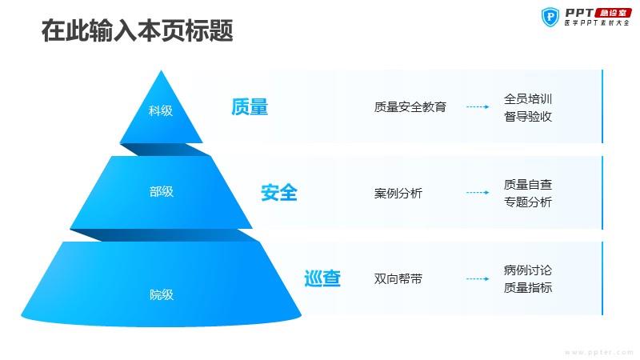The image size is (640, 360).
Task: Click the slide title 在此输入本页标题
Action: click(137, 30)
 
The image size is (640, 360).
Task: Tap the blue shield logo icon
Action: click(550, 17)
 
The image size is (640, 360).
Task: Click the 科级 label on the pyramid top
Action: click(161, 110)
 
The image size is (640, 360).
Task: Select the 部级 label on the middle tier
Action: click(162, 191)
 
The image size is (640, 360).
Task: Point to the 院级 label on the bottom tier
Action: click(162, 294)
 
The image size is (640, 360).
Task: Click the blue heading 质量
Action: click(250, 107)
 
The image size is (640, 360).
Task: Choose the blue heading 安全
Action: click(279, 193)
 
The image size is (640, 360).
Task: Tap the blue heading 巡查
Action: click(322, 278)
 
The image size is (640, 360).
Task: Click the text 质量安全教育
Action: click(410, 107)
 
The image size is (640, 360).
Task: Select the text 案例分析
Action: click(398, 193)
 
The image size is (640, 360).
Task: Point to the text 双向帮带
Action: click(398, 278)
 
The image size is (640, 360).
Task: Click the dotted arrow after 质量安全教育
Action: click(478, 107)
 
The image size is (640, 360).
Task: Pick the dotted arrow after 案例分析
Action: click(478, 193)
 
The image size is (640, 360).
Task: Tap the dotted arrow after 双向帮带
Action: click(478, 278)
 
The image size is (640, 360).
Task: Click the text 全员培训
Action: click(528, 98)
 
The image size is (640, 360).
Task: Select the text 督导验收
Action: click(528, 117)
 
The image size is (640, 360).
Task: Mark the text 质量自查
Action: click(528, 185)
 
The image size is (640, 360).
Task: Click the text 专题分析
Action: click(528, 202)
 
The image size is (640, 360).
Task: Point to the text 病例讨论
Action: click(528, 270)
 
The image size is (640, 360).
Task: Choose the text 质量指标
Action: click(528, 288)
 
